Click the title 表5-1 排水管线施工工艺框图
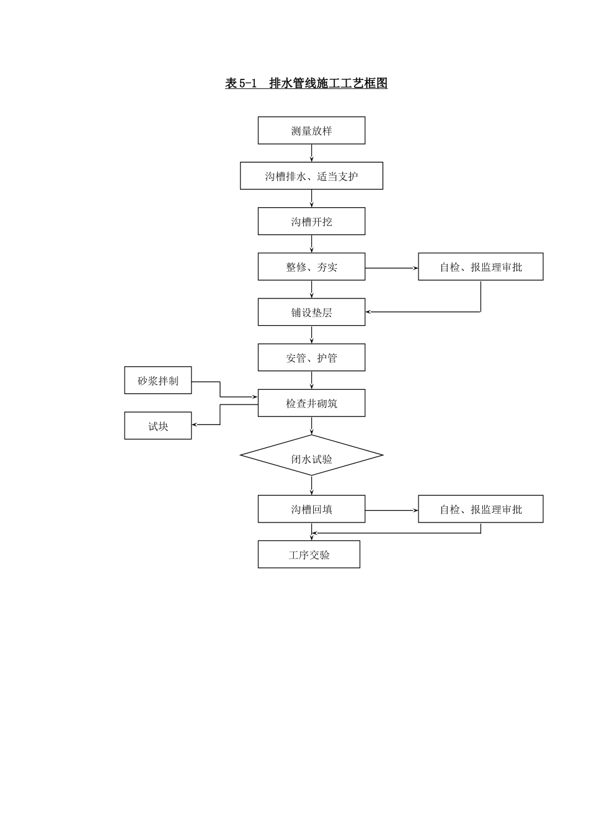tap(306, 83)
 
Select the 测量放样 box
tap(311, 130)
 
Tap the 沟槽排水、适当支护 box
tap(311, 176)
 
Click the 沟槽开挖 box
tap(311, 222)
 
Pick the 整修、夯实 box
tap(311, 267)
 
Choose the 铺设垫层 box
tap(311, 312)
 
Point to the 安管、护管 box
tap(311, 357)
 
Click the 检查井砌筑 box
tap(311, 403)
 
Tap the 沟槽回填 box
tap(311, 509)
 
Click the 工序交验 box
tap(309, 555)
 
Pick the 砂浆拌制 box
tap(158, 380)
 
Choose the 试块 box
tap(158, 426)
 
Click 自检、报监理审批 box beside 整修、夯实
tap(480, 267)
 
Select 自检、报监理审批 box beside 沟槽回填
tap(480, 509)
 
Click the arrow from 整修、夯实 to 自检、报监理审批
tap(391, 268)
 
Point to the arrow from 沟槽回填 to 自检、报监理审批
tap(391, 511)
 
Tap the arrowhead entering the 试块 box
tap(195, 425)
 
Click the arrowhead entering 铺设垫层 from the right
tap(369, 312)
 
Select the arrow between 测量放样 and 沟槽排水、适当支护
tap(311, 153)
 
